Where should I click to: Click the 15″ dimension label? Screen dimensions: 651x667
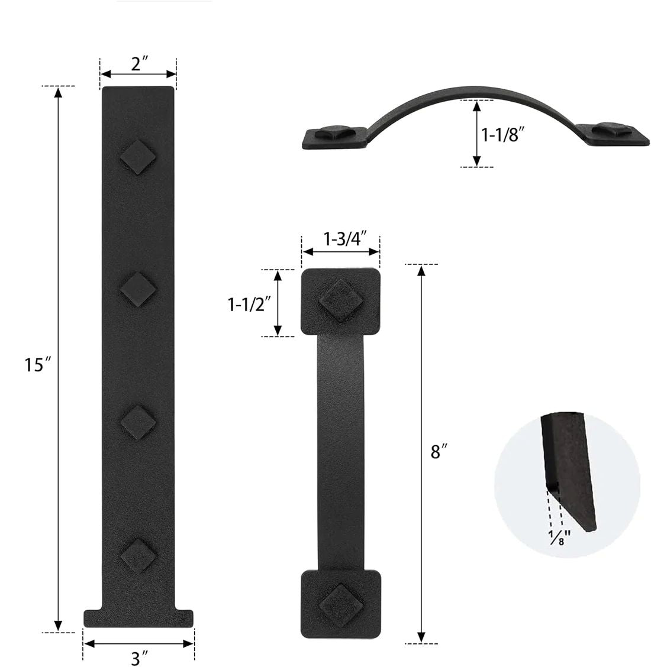(37, 365)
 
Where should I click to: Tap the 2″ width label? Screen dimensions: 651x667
(139, 64)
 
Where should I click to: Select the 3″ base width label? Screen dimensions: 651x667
(139, 658)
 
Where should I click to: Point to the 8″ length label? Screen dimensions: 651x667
(439, 451)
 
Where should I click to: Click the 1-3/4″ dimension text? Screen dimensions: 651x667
(345, 239)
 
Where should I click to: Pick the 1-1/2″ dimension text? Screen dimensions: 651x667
(250, 305)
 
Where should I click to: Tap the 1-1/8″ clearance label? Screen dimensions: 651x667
(502, 135)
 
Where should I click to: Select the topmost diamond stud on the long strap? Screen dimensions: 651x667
(138, 157)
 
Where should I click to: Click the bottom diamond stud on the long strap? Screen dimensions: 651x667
(138, 556)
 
